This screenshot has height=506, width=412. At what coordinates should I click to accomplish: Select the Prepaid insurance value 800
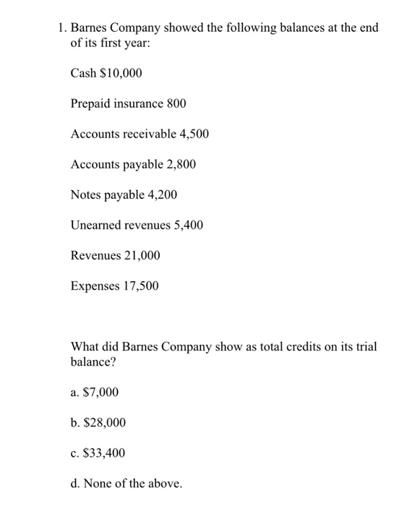[x=176, y=103]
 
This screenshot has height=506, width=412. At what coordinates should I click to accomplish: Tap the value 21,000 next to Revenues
[x=142, y=256]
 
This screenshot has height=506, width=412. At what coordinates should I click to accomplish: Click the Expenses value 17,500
[x=140, y=286]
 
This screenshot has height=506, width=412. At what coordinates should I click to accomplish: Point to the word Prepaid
[x=90, y=103]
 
